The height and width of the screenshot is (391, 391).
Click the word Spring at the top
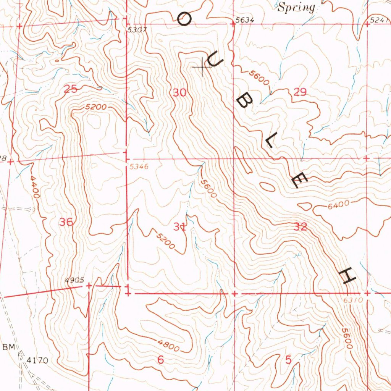(296, 8)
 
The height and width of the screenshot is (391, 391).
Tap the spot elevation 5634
(245, 20)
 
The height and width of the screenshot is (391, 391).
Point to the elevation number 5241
(380, 20)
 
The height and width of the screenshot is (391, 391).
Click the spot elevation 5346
(138, 167)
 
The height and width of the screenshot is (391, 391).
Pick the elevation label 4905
(74, 280)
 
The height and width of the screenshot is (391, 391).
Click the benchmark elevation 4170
(37, 360)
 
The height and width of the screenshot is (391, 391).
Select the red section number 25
(70, 89)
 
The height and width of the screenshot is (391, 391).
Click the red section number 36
(66, 222)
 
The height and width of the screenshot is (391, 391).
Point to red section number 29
(300, 92)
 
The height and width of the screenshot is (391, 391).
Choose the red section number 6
(160, 360)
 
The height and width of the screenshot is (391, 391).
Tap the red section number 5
(288, 360)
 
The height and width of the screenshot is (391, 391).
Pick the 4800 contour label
(168, 346)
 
